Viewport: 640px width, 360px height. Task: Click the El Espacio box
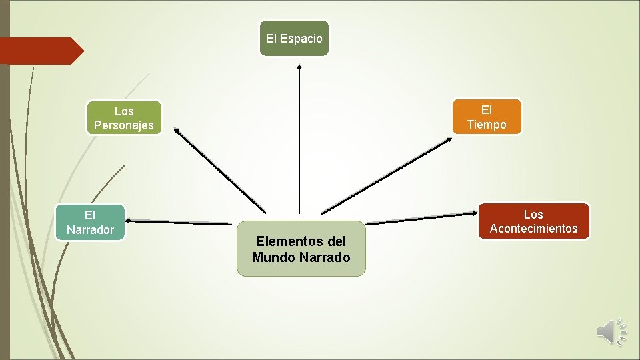pos(294,38)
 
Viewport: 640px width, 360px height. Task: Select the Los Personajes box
pos(124,118)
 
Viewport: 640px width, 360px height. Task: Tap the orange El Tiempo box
pos(487,117)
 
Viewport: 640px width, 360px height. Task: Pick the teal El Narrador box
pos(90,223)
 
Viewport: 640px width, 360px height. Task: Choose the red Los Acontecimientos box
pos(533,221)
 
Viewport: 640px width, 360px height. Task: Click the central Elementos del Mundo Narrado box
pos(301,249)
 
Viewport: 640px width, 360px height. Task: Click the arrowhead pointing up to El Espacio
pos(299,66)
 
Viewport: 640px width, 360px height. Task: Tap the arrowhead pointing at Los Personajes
pos(177,131)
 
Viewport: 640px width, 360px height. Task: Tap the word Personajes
pos(124,125)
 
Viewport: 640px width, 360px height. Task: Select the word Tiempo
pos(487,125)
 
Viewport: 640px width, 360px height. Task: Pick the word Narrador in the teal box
pos(90,230)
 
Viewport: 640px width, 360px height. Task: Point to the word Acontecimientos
pos(533,229)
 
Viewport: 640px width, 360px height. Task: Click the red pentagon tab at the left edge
pos(40,51)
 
